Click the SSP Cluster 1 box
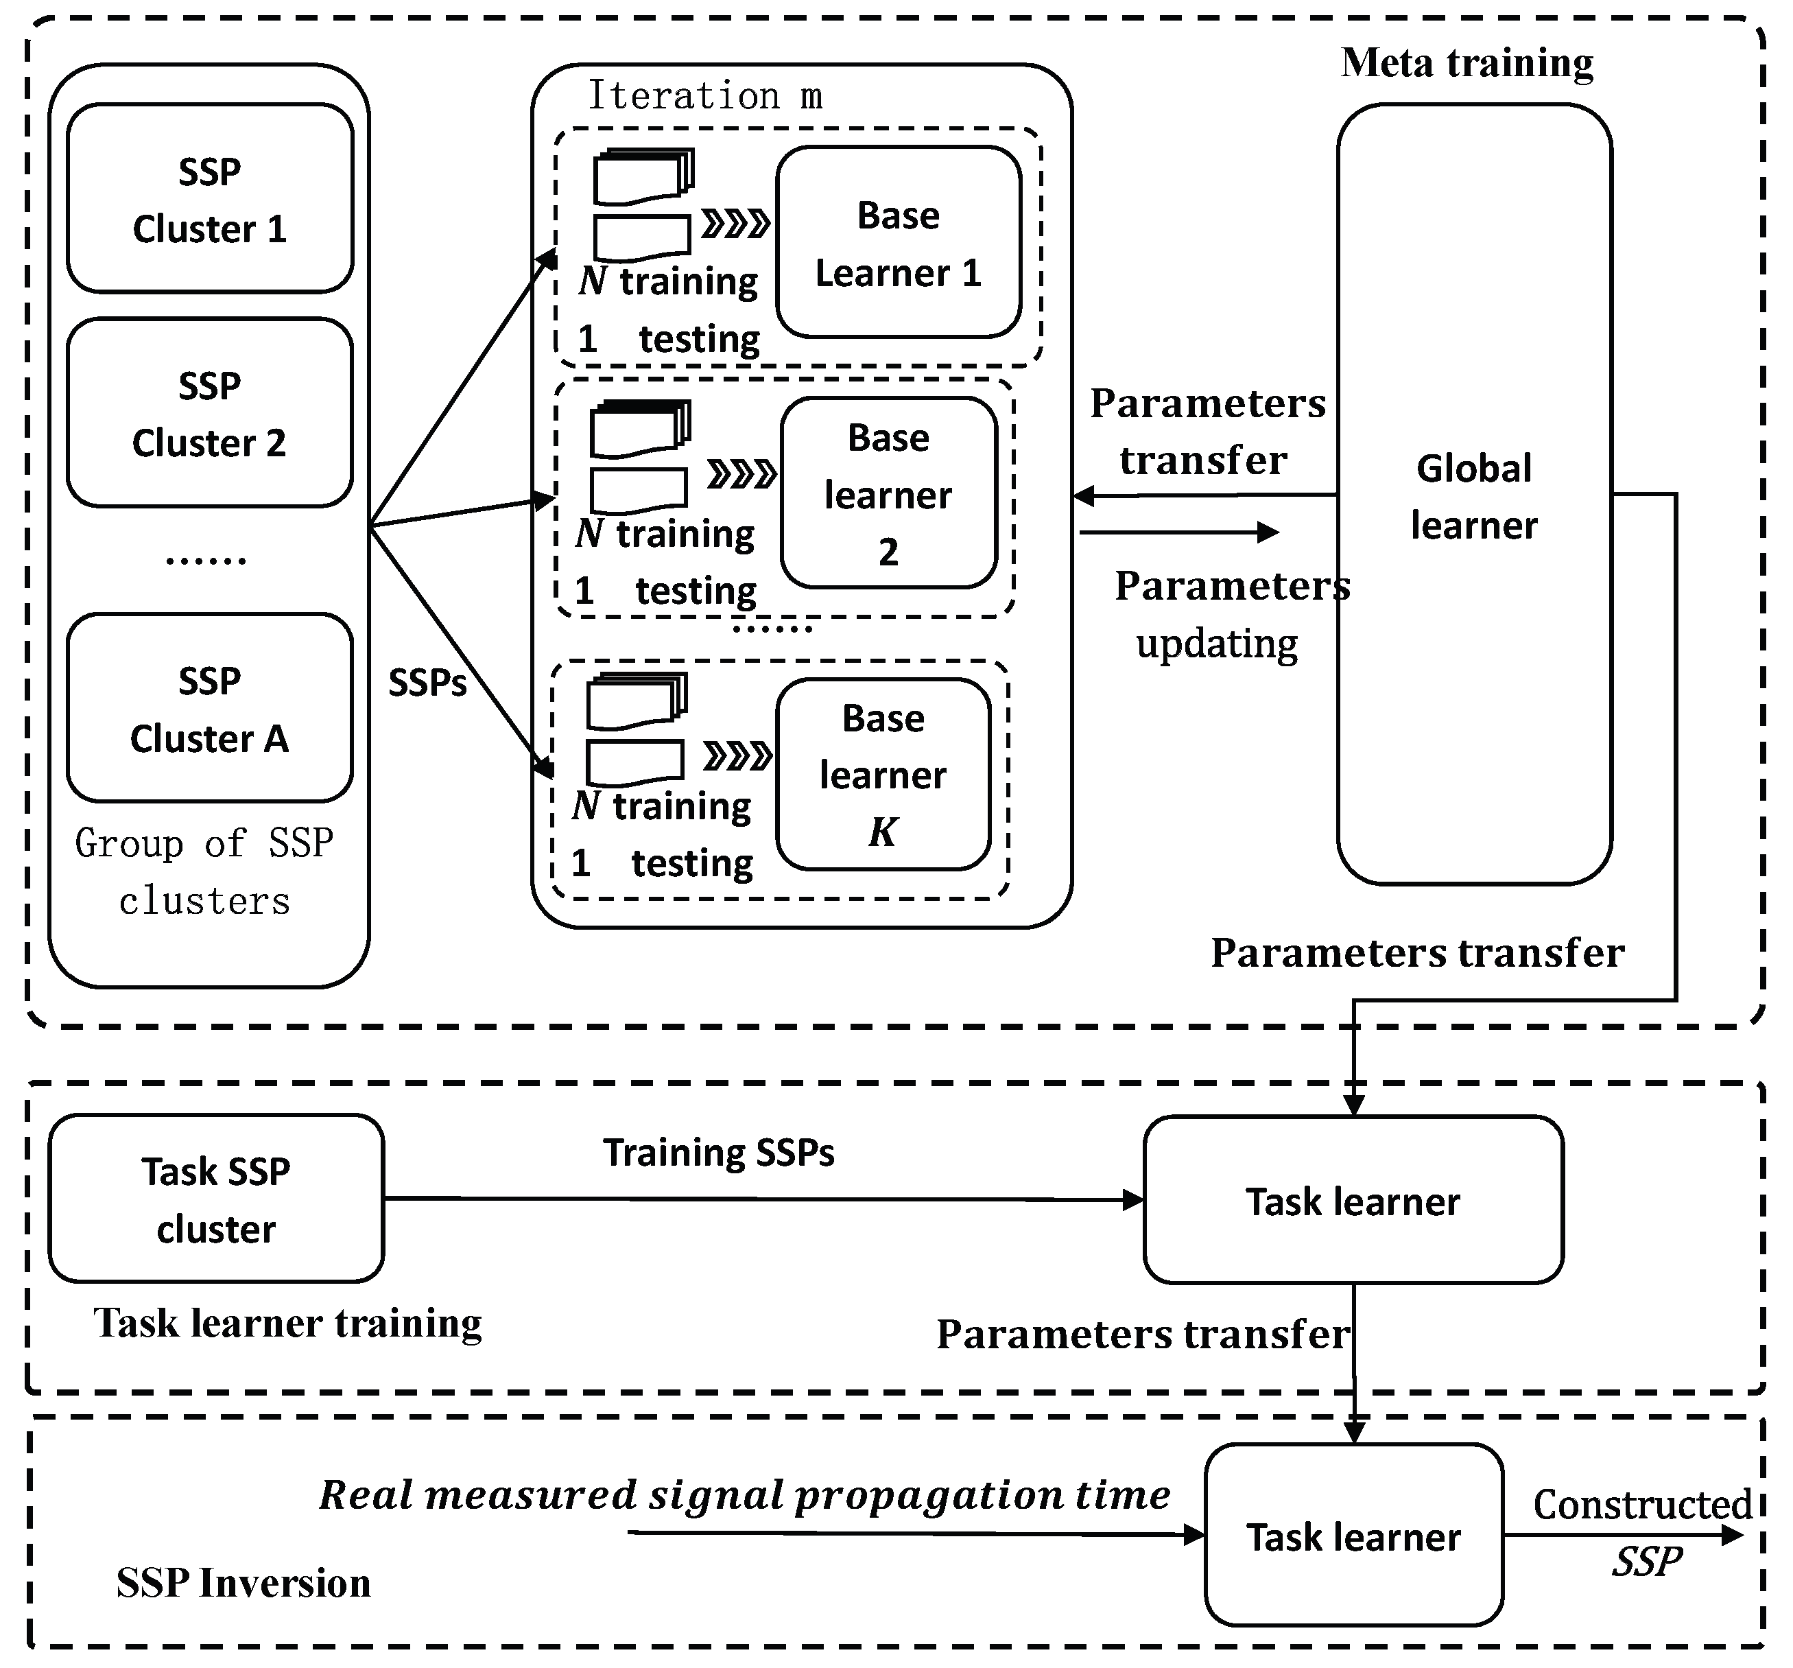(x=209, y=198)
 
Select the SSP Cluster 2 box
(x=209, y=412)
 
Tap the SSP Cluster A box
(x=209, y=708)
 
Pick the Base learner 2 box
(x=888, y=493)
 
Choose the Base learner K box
(x=883, y=774)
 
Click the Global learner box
(x=1474, y=494)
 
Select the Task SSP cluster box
(x=217, y=1199)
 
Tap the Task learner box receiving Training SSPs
(x=1353, y=1201)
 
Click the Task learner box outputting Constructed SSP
(x=1353, y=1536)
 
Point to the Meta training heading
(x=1467, y=63)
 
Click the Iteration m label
(x=704, y=95)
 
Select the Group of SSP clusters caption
(x=204, y=871)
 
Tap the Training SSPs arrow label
(x=719, y=1153)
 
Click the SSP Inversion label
(x=244, y=1583)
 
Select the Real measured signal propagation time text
(x=745, y=1496)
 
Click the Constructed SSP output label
(x=1643, y=1531)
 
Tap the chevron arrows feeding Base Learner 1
(x=736, y=223)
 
